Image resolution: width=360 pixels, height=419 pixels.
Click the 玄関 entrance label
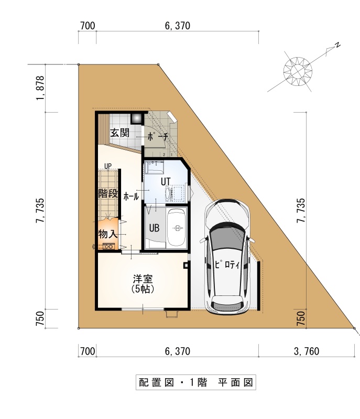pos(120,133)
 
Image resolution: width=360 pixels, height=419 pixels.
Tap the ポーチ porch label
pos(158,137)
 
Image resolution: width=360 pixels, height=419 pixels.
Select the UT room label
pos(166,181)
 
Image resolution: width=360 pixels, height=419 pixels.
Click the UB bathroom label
pos(154,228)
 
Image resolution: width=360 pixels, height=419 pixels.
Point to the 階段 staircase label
pos(108,193)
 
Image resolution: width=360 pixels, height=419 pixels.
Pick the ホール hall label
pos(131,197)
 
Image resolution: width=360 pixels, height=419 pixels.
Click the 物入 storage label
pos(108,234)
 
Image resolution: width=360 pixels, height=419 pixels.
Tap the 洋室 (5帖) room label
pos(143,283)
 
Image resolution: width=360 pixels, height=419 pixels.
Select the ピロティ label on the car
pos(227,264)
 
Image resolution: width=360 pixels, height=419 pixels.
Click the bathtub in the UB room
pos(177,228)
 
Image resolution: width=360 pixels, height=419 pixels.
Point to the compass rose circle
pos(298,71)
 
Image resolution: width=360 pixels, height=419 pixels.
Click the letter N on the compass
pos(338,45)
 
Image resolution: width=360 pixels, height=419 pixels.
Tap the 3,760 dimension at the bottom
pos(307,351)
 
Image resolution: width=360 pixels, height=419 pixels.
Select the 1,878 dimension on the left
pos(40,88)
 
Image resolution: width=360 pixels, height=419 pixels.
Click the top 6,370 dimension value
pos(178,26)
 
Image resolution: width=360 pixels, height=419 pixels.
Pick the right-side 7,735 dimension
pos(301,211)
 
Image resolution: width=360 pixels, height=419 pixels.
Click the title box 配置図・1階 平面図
pos(196,382)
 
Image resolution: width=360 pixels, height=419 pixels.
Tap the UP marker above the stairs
pos(108,166)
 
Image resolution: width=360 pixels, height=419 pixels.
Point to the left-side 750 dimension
pos(40,318)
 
